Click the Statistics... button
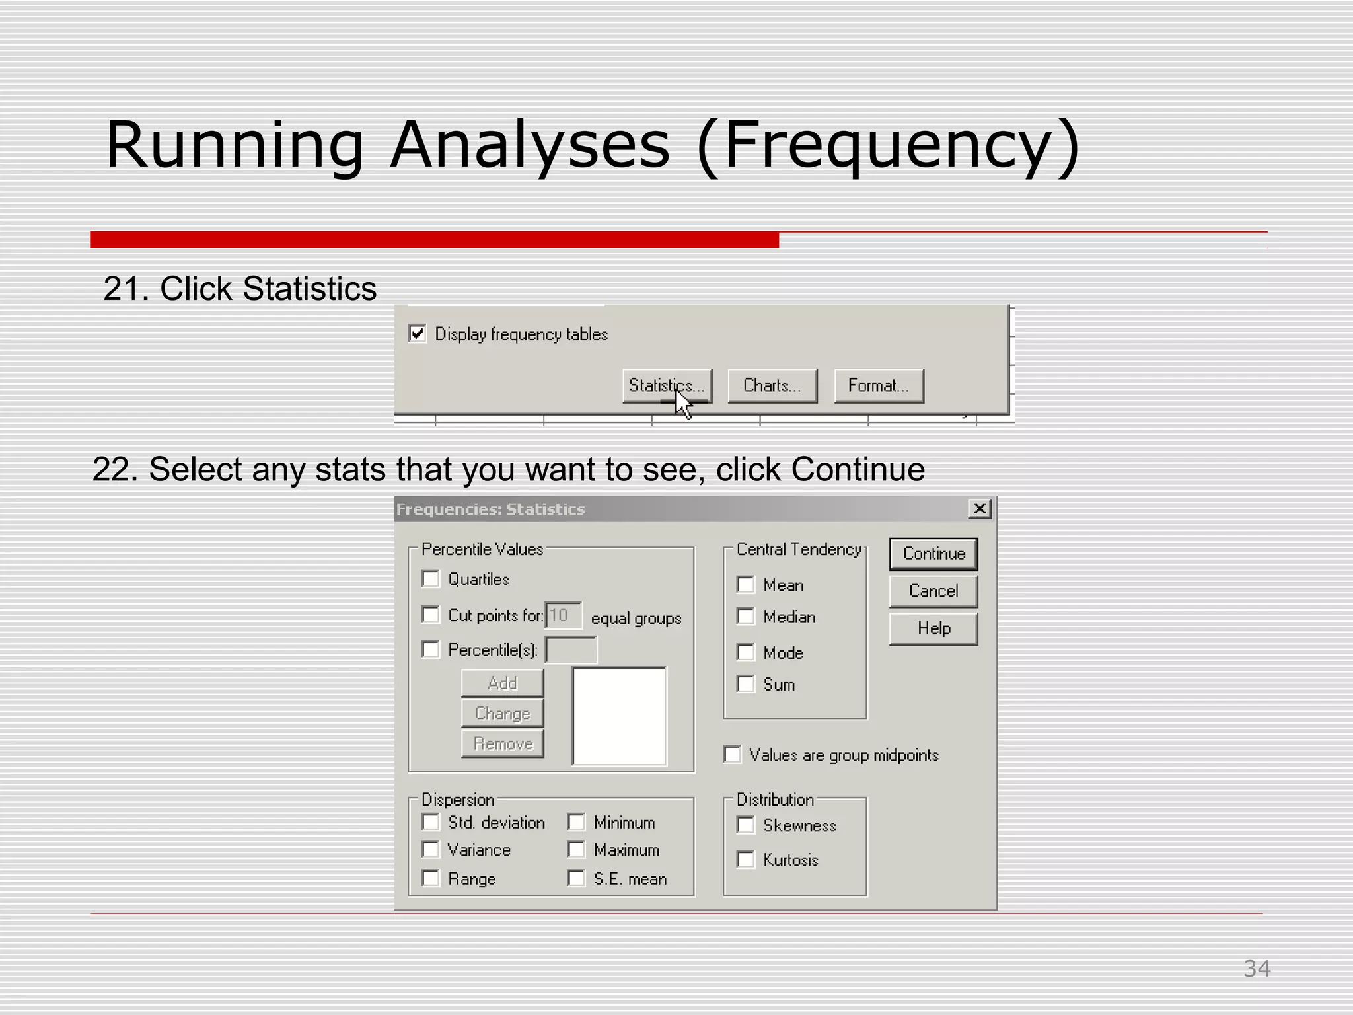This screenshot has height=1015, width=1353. pos(667,386)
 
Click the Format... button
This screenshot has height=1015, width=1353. pos(878,386)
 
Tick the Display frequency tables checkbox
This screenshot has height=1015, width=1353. pos(418,334)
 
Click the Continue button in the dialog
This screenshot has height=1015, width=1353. pos(933,554)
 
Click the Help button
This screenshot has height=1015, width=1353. pos(933,628)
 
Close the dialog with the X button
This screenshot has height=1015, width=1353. pos(980,509)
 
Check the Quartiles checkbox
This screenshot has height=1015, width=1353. pos(431,580)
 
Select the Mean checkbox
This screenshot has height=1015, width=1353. pos(746,585)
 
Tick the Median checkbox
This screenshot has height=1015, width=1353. pos(746,617)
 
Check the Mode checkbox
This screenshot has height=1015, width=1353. pos(746,653)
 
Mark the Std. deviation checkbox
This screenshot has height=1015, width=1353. pos(431,823)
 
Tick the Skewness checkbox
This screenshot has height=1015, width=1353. pos(746,825)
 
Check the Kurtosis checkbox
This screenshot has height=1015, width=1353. pos(746,860)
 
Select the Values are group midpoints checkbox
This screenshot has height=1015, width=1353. pos(733,755)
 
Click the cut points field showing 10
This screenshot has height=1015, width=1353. pos(563,615)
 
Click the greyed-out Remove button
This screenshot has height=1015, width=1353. pos(502,744)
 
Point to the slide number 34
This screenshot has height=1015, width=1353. pos(1257,969)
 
